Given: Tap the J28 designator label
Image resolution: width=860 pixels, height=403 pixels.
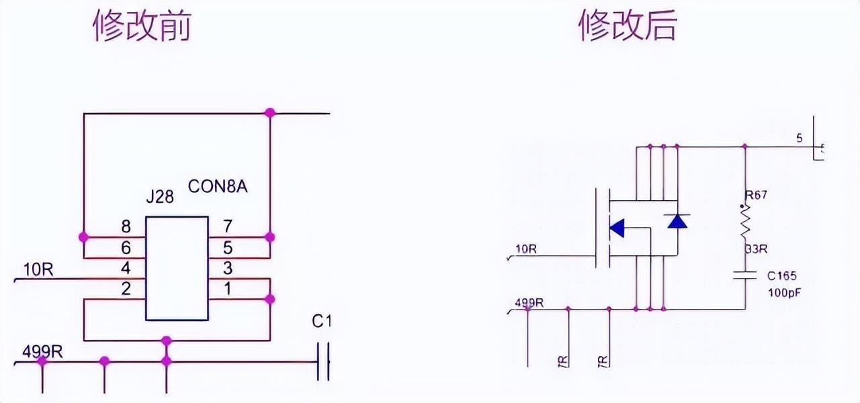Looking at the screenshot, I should (160, 197).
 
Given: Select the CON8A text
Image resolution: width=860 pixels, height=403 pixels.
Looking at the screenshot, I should (218, 186).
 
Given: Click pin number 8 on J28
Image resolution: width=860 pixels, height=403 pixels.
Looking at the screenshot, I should (125, 226).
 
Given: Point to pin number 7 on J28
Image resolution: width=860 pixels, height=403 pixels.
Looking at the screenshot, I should (227, 226).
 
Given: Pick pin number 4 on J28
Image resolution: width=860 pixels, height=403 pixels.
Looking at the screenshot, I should (125, 269).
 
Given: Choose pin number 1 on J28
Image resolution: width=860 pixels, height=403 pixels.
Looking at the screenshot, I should (227, 289).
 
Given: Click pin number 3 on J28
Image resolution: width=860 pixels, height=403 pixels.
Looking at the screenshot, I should (227, 269).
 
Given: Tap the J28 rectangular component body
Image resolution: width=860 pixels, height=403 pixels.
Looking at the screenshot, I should (177, 268).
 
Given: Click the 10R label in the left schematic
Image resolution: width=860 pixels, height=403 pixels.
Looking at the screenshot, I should (38, 270).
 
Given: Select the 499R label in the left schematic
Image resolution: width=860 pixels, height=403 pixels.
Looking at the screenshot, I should (42, 351).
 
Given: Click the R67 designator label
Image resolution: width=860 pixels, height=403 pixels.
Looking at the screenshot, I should (756, 195).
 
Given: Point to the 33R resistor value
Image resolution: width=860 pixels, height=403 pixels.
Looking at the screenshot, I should (756, 249).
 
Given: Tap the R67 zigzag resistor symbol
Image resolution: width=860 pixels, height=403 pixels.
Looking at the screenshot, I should (744, 222).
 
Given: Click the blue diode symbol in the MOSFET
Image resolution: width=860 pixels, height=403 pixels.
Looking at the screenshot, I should (677, 221).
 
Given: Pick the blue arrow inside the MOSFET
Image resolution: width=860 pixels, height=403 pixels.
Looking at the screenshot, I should (616, 228).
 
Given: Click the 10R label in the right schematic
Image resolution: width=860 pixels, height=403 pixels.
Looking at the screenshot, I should (525, 249).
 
